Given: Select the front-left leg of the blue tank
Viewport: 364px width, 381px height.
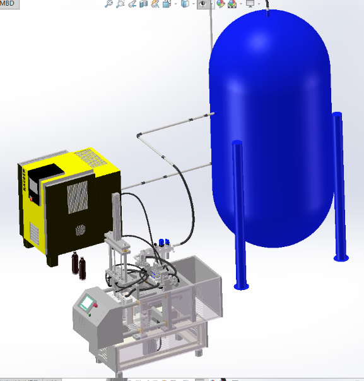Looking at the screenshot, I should (238, 215).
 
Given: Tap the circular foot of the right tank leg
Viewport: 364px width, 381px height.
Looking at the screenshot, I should (341, 257).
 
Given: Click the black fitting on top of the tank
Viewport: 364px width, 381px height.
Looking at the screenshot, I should (267, 13).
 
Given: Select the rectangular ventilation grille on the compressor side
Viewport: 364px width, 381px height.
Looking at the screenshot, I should (78, 197).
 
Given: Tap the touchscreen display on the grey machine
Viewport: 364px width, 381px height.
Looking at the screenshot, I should (86, 303).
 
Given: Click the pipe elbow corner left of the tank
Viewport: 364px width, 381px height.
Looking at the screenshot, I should (139, 135).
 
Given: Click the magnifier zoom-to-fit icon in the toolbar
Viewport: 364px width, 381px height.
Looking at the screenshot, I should (109, 4).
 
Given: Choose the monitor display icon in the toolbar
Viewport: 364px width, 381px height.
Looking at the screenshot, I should (250, 4).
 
